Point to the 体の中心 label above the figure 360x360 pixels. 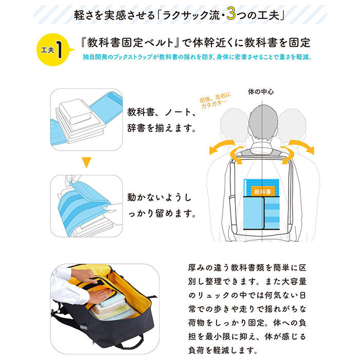[x=261, y=93]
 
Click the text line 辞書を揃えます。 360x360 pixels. [x=161, y=128]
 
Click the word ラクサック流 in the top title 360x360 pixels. [x=187, y=15]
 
